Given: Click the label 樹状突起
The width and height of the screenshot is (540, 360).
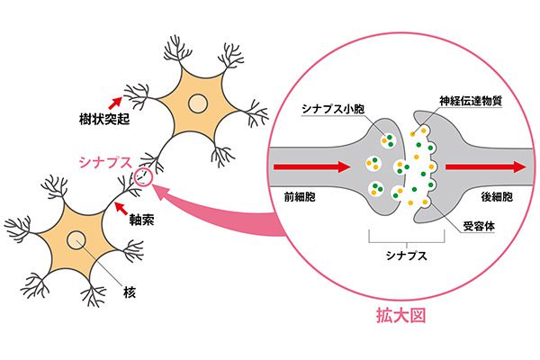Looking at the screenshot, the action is click(104, 119).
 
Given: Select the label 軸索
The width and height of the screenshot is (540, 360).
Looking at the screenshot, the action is click(141, 220).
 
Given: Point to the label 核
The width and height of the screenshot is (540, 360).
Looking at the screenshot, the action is click(130, 292).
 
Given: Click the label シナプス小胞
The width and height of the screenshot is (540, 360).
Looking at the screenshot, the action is click(333, 109).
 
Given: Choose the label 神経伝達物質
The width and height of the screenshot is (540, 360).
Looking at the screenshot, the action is click(471, 101).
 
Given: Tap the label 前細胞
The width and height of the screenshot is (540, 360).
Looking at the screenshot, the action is click(300, 197).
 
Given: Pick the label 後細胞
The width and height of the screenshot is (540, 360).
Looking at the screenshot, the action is click(497, 197).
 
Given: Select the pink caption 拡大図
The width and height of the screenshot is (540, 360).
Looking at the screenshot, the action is click(401, 316).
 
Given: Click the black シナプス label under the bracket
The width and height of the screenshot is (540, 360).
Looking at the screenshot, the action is click(407, 256).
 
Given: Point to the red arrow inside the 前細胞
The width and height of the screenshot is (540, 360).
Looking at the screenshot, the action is click(311, 167).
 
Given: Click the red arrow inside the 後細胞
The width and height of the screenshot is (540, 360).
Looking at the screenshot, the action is click(486, 167).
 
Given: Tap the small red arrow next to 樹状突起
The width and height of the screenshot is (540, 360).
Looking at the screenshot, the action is click(115, 103).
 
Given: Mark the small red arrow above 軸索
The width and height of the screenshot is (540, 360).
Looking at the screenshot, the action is click(121, 208).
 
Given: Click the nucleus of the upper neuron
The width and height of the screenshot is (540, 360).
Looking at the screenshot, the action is click(198, 103).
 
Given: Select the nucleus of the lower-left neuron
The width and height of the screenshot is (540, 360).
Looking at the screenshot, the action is click(76, 239).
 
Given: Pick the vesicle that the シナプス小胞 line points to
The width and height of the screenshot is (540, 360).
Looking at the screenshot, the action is click(387, 139).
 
